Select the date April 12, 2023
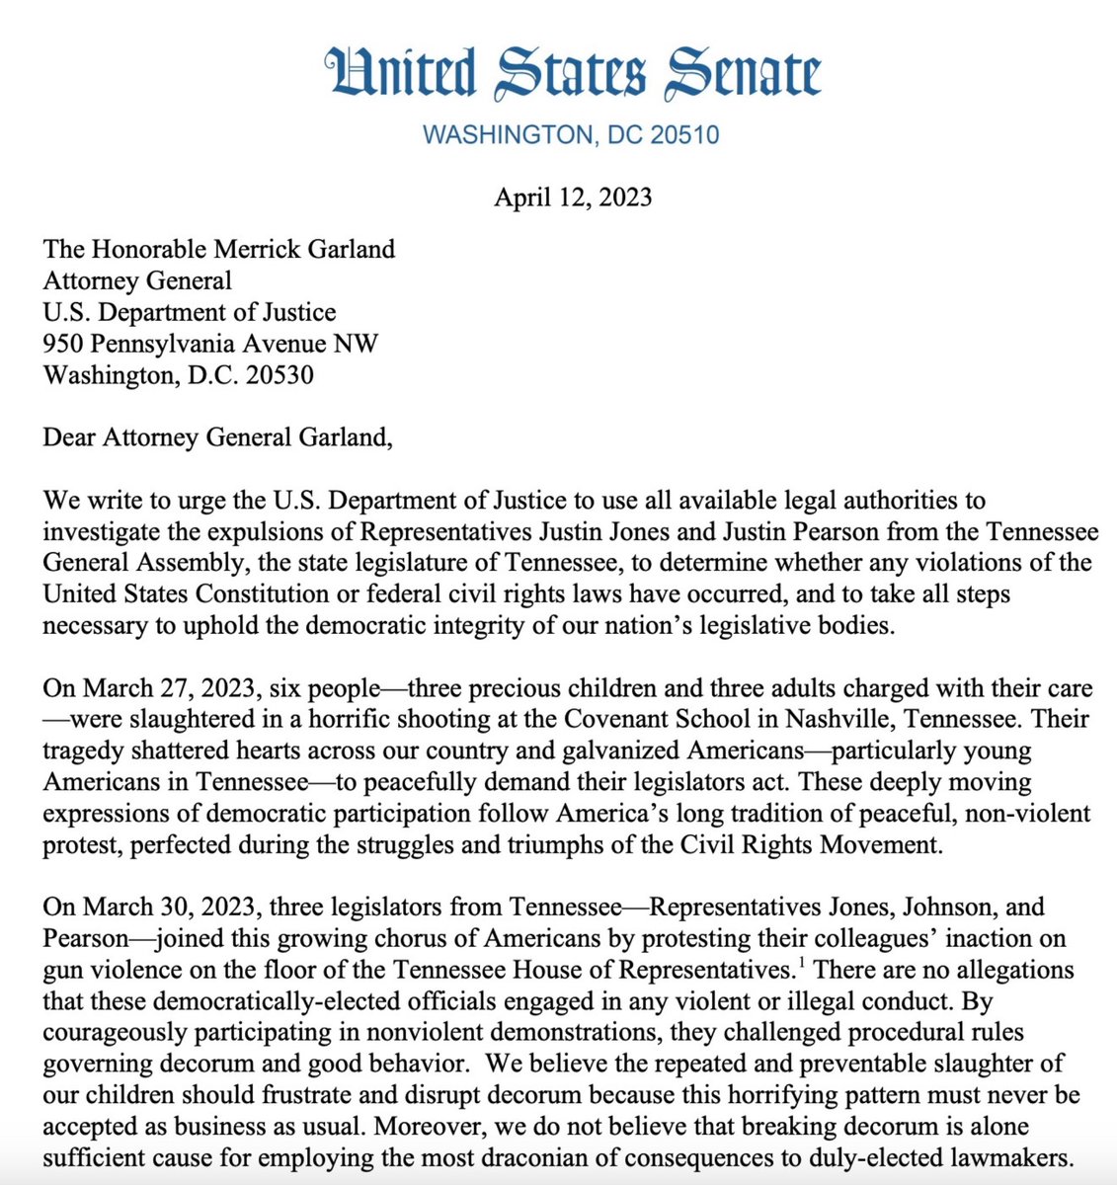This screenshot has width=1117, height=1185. [x=573, y=197]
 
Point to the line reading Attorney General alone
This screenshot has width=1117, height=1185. [x=137, y=280]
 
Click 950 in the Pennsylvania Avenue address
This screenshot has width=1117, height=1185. [x=62, y=344]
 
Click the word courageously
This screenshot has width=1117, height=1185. [x=106, y=1032]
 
